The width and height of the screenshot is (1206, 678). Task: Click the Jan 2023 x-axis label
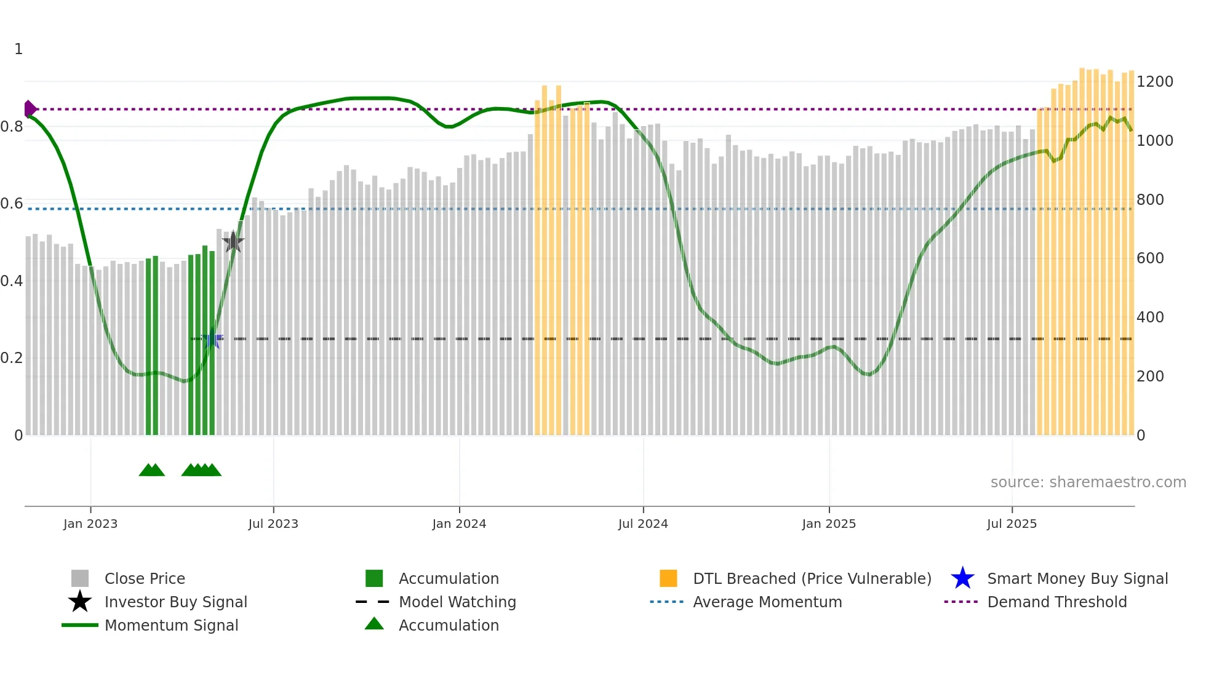click(x=90, y=524)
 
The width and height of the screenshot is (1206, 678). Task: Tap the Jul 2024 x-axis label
click(x=643, y=524)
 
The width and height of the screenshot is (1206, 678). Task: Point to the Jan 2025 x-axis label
click(x=829, y=524)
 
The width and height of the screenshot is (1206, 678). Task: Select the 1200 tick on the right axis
click(x=1154, y=82)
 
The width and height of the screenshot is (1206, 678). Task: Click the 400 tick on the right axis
click(x=1150, y=317)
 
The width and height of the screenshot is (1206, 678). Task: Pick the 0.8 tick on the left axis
click(x=12, y=127)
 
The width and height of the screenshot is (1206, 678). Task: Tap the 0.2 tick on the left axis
click(x=12, y=358)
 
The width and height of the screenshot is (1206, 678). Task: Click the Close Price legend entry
click(x=145, y=578)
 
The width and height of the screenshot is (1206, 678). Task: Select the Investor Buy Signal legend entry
click(x=175, y=602)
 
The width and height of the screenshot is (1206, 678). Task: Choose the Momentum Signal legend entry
click(x=171, y=625)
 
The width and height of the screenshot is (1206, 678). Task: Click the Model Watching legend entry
click(x=457, y=602)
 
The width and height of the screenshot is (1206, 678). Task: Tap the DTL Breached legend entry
click(x=812, y=578)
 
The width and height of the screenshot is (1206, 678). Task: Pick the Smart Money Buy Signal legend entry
click(x=1077, y=578)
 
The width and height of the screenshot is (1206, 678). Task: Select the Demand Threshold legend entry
click(x=1056, y=602)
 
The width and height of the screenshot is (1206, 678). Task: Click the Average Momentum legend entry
click(x=767, y=602)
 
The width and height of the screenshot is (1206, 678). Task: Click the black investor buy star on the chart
click(x=233, y=242)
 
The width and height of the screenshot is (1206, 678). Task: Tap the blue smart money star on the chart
click(x=212, y=339)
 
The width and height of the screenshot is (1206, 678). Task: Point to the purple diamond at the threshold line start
click(x=30, y=109)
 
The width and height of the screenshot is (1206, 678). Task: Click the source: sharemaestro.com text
click(x=1088, y=482)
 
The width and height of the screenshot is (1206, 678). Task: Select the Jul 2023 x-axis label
click(x=273, y=524)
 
